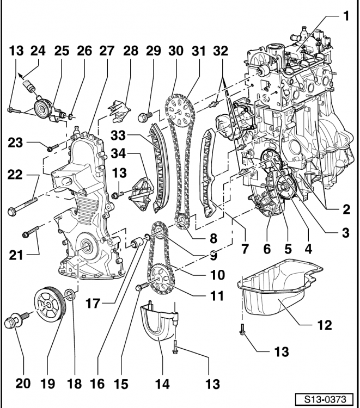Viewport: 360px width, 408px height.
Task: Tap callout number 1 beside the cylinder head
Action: [346, 16]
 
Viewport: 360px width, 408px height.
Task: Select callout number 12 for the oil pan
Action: [325, 325]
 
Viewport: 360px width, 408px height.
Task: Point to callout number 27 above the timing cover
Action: [107, 51]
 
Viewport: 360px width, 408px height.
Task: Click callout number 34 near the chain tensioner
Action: [119, 153]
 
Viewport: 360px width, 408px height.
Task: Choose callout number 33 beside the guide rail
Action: [118, 135]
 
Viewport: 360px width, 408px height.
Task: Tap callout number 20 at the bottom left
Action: [23, 384]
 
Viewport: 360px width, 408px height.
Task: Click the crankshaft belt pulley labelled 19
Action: [50, 305]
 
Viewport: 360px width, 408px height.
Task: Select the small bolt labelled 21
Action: [30, 232]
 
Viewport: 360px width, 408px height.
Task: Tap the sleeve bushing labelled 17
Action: [138, 243]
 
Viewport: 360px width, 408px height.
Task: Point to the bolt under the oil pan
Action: [242, 330]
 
